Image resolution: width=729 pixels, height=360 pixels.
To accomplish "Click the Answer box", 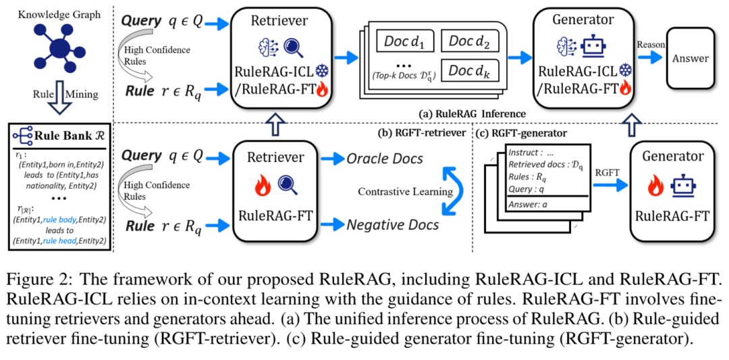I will pos(691,58).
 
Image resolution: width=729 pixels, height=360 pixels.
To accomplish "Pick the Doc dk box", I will pos(470,70).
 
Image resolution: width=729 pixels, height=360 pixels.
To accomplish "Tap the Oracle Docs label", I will pos(385,159).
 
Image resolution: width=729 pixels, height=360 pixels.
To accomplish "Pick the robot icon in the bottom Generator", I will pos(684,184).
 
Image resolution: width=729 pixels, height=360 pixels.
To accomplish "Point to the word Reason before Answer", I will pos(651,45).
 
